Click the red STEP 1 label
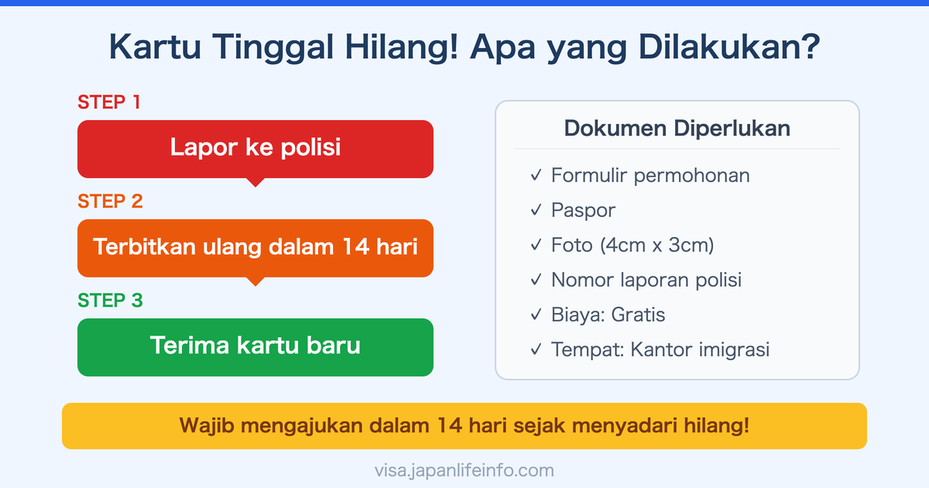[109, 102]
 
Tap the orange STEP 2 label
[110, 201]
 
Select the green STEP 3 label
[110, 301]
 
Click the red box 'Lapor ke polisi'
[255, 147]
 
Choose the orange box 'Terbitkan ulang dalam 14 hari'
[255, 247]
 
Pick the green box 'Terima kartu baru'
[255, 345]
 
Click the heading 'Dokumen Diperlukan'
[677, 128]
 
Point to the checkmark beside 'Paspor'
[536, 211]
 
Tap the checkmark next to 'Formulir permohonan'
[536, 176]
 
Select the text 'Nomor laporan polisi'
[646, 280]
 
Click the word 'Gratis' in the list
[638, 315]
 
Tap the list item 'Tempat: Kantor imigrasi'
[660, 350]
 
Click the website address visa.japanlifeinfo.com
[464, 470]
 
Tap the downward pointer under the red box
[255, 182]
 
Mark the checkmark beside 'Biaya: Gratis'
[536, 315]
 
